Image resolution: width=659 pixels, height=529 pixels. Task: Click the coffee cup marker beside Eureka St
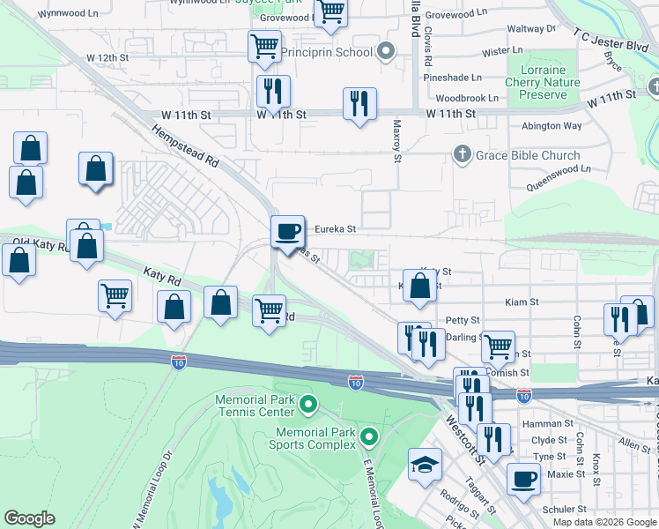tap(286, 232)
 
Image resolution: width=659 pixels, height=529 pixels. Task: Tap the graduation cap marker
tap(425, 465)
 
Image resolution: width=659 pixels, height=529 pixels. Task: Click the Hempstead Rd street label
tap(184, 146)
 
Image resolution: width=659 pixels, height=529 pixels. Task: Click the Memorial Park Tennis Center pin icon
tap(307, 406)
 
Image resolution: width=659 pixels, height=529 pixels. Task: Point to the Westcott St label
tap(466, 443)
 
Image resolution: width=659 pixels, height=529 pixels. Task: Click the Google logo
tap(29, 518)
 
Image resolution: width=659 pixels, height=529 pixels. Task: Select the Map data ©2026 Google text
tap(603, 521)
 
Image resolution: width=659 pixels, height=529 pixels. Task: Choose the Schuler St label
tap(564, 510)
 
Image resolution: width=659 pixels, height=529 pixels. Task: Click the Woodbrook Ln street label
tap(467, 98)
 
